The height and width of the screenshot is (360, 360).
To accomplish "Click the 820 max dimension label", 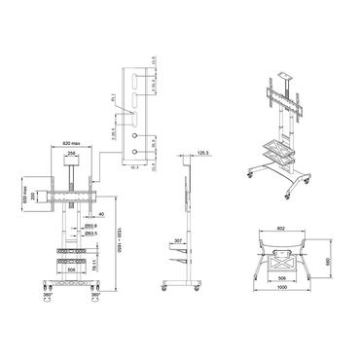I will pyautogui.click(x=68, y=138).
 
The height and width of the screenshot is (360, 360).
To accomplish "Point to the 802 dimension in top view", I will pyautogui.click(x=281, y=229).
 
